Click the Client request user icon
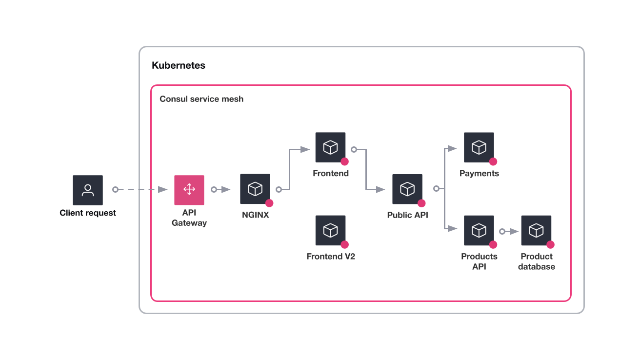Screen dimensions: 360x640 [x=88, y=190]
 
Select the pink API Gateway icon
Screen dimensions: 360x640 [x=189, y=190]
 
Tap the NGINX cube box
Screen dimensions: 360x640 [x=255, y=189]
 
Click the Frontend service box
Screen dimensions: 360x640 [x=330, y=147]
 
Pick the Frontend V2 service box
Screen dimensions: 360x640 [x=330, y=230]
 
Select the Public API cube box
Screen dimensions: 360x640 [x=407, y=189]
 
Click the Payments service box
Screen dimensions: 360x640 [x=479, y=147]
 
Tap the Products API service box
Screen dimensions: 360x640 [x=479, y=230]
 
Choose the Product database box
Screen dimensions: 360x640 [x=536, y=230]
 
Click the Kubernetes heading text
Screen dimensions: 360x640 [x=179, y=65]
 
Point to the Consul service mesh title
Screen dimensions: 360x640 [x=201, y=99]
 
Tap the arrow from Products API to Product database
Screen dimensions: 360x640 [x=510, y=231]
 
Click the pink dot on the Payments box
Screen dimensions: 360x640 [x=493, y=161]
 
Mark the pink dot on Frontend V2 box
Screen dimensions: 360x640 [x=345, y=244]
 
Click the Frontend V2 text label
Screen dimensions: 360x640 [x=331, y=257]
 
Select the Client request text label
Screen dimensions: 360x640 [x=88, y=213]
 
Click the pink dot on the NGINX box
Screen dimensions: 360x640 [x=269, y=203]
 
